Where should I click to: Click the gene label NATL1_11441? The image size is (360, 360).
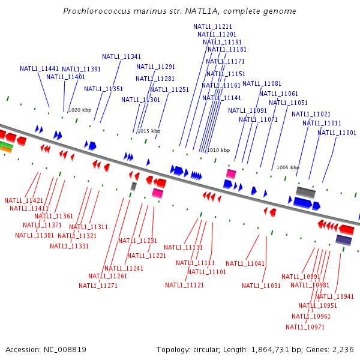(x=40, y=69)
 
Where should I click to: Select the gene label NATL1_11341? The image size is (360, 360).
(x=122, y=56)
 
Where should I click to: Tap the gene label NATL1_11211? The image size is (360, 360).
(x=213, y=26)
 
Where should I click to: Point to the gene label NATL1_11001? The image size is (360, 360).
(x=337, y=133)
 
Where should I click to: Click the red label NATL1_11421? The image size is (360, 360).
(x=24, y=200)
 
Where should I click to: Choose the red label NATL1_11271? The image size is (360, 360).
(x=98, y=286)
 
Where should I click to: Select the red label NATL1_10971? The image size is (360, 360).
(x=305, y=327)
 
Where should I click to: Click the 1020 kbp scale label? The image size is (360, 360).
(x=80, y=110)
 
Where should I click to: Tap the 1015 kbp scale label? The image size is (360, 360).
(x=149, y=131)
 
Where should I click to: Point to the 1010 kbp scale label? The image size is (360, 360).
(x=218, y=150)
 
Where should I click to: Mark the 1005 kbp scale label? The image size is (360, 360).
(x=288, y=168)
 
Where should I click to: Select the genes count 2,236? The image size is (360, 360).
(x=341, y=349)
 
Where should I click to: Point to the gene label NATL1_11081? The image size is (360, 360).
(x=262, y=83)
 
